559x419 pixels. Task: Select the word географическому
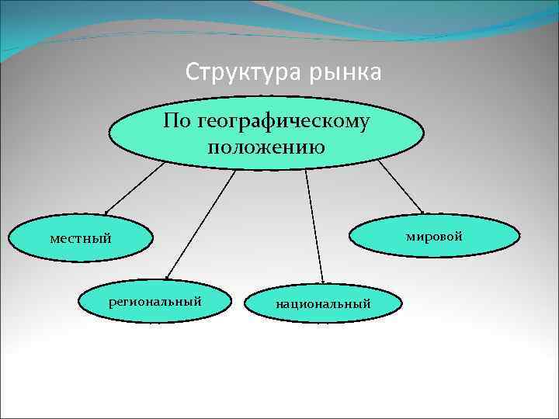point(284,122)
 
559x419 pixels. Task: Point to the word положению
point(266,146)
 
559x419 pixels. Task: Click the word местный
point(81,238)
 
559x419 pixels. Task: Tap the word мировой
point(434,235)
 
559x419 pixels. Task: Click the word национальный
point(323,303)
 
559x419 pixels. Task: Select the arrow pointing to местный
point(135,186)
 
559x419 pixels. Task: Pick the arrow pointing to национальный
point(314,225)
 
